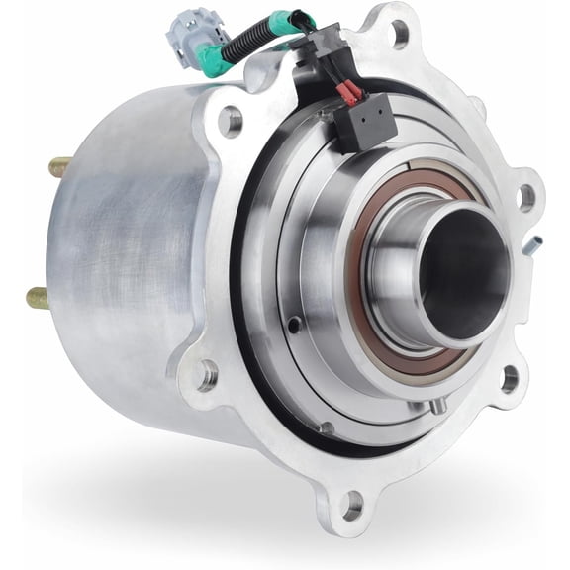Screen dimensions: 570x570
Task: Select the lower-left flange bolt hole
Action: [207, 374]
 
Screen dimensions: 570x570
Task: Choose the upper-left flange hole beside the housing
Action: [230, 123]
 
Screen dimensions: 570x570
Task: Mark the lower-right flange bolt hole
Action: [510, 377]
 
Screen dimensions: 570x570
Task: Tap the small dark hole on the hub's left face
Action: [294, 324]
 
